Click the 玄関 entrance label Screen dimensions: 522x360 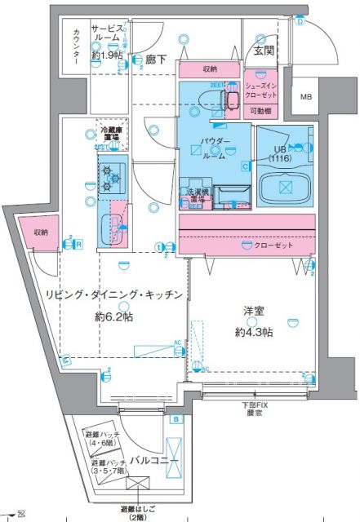264,51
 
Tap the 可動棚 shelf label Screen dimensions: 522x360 263,110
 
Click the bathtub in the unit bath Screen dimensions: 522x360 285,186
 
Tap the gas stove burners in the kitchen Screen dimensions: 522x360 111,177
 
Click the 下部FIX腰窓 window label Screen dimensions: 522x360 251,409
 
